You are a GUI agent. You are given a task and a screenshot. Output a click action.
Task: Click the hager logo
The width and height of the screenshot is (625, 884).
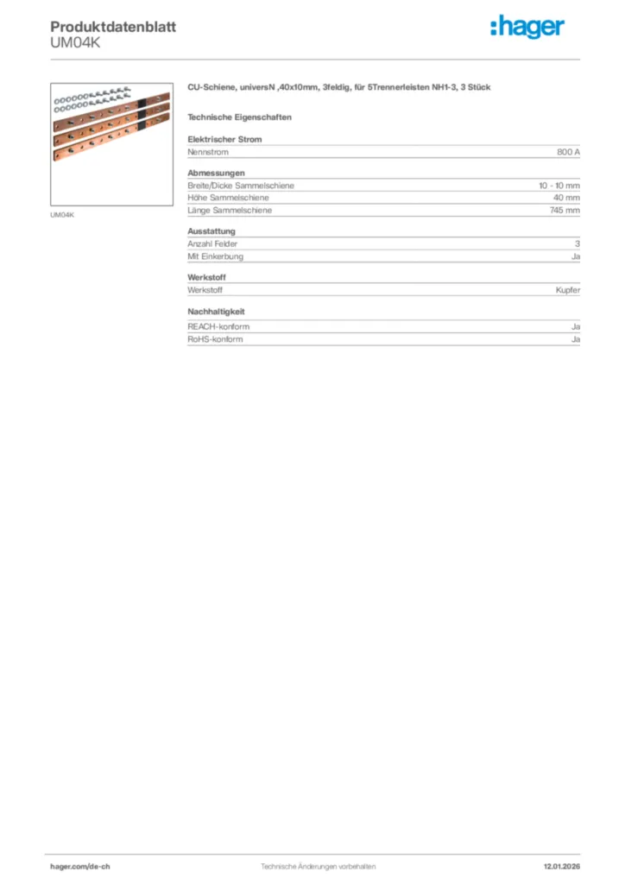527,28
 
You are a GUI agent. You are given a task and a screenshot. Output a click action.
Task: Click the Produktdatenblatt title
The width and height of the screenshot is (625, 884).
113,27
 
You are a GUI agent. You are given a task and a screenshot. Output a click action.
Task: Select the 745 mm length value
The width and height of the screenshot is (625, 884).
565,210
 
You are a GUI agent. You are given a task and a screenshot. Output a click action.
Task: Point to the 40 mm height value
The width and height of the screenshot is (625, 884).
566,198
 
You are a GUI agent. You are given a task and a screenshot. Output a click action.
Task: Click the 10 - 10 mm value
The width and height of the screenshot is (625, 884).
559,186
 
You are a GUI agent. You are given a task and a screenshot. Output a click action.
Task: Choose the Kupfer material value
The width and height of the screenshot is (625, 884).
567,290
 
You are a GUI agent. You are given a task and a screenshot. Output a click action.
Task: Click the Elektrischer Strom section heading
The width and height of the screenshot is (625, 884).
224,139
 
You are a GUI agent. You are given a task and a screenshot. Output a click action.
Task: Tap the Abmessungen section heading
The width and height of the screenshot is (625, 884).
216,173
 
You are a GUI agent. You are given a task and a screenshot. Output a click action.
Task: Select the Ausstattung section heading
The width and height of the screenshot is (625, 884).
211,231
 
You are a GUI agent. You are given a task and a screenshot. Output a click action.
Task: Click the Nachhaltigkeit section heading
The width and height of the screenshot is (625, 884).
219,312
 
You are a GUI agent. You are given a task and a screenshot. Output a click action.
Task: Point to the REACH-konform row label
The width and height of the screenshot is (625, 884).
218,327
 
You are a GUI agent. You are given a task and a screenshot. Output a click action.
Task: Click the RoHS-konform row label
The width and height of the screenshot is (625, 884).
215,339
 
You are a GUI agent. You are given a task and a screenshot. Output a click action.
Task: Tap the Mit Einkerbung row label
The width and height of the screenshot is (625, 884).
215,256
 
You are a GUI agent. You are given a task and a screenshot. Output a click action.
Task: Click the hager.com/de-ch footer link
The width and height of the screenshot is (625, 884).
80,866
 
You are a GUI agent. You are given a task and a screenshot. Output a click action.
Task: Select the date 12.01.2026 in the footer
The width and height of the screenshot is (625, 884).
561,866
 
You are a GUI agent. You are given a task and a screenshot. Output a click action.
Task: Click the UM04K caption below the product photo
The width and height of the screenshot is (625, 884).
63,215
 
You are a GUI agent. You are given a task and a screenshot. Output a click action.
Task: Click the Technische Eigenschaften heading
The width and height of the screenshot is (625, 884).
239,117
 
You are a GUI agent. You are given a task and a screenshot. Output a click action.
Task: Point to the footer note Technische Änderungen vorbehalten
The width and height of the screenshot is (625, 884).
318,866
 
